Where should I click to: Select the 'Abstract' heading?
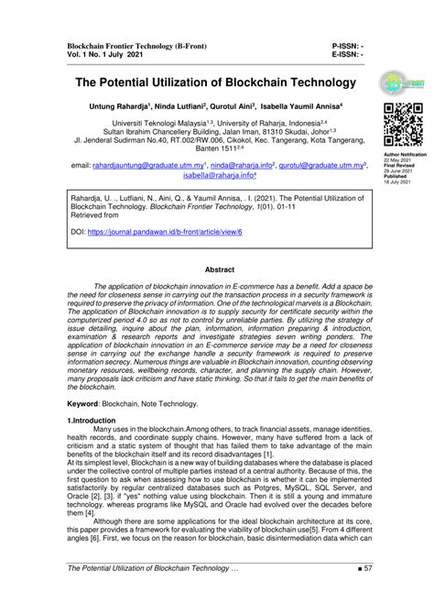(x=219, y=270)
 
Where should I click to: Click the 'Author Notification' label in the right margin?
(x=404, y=156)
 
